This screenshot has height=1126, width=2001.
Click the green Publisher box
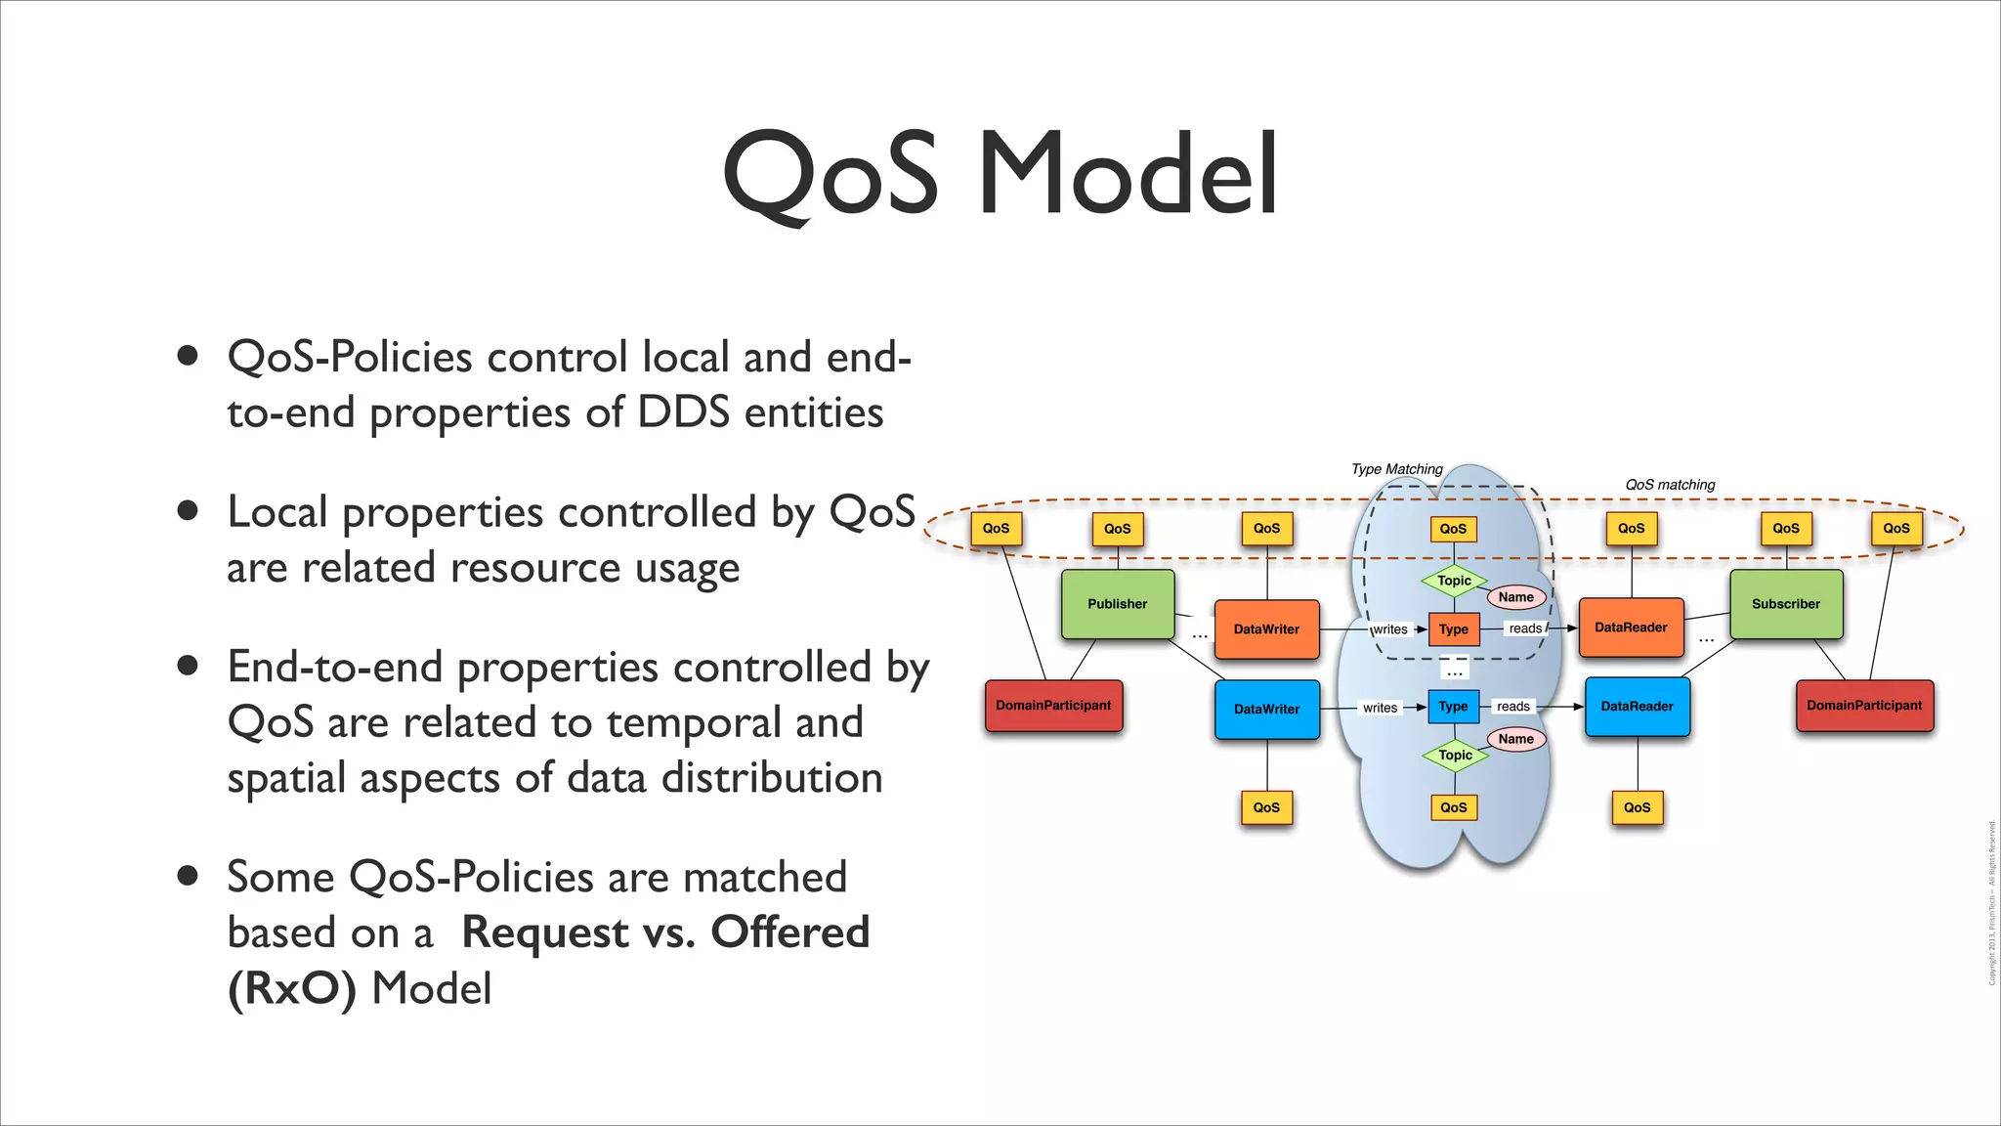click(x=1118, y=604)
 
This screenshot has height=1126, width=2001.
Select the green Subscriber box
click(x=1786, y=604)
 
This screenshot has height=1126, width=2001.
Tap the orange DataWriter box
click(x=1266, y=629)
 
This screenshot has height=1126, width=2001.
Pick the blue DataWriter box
click(x=1266, y=709)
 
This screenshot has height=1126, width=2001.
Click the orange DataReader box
click(x=1631, y=628)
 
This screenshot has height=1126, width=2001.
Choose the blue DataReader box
click(x=1637, y=706)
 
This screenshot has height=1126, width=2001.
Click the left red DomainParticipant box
click(x=1053, y=706)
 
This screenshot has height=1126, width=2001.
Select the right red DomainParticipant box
click(x=1864, y=706)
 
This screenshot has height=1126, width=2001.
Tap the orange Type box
click(x=1453, y=629)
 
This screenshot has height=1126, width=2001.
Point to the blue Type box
click(x=1453, y=706)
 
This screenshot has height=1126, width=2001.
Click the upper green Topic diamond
click(x=1454, y=581)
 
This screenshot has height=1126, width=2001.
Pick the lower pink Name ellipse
click(x=1516, y=739)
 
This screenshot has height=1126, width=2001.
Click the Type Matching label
click(x=1396, y=469)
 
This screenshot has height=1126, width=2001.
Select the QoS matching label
click(x=1670, y=485)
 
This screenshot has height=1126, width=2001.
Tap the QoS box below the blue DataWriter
click(x=1266, y=807)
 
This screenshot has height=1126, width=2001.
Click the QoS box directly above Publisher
click(x=1117, y=529)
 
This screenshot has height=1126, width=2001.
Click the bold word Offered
click(x=789, y=931)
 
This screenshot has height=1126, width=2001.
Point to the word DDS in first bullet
click(x=683, y=411)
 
